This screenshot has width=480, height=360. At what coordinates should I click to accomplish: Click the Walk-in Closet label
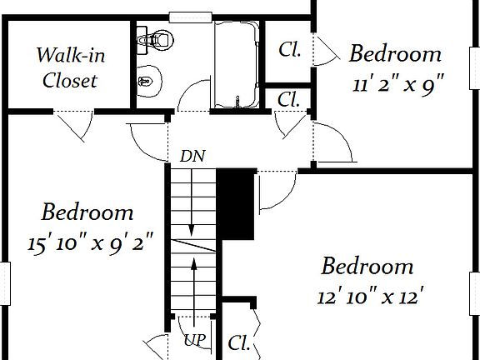[70, 67]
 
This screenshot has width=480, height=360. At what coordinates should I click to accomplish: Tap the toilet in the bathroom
[155, 40]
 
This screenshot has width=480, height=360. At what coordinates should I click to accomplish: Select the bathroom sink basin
[149, 81]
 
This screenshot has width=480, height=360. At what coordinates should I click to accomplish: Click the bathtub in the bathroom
[236, 64]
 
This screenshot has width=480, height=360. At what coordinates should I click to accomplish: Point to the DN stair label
[192, 156]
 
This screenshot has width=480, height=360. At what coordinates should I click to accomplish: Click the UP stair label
[195, 340]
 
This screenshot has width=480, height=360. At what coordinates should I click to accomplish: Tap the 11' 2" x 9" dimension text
[398, 83]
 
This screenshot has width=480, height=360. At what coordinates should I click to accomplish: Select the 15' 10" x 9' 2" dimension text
[90, 242]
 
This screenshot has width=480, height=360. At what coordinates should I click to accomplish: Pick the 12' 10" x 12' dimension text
[370, 297]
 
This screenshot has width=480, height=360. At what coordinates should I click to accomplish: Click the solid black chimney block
[236, 204]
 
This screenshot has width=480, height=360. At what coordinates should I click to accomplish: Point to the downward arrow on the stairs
[192, 202]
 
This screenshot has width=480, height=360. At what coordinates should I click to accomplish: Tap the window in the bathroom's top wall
[190, 17]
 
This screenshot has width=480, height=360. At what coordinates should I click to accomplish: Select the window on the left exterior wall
[5, 283]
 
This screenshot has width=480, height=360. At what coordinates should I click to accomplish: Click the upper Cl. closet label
[290, 50]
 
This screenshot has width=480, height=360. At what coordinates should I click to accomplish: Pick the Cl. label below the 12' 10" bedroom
[239, 342]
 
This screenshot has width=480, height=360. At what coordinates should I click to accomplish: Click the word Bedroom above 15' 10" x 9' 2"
[87, 212]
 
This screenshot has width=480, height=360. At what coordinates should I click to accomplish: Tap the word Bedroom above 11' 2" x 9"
[395, 53]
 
